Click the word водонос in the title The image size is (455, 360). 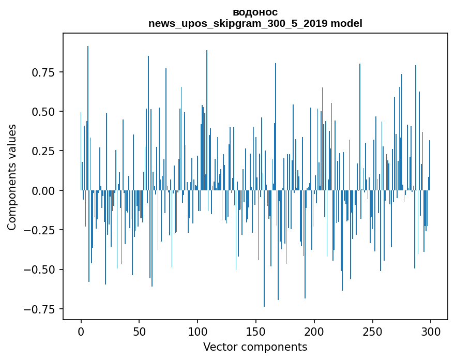(255, 12)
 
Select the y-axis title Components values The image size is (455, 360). (12, 177)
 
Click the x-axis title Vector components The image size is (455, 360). (255, 347)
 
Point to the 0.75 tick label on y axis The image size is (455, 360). (43, 72)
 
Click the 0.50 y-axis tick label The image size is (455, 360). (43, 112)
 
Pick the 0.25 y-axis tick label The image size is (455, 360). (43, 151)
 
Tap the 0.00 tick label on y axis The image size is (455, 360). (43, 191)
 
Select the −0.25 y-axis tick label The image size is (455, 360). (40, 230)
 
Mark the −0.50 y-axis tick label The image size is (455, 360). (40, 269)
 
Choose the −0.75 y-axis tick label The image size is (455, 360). (40, 309)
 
